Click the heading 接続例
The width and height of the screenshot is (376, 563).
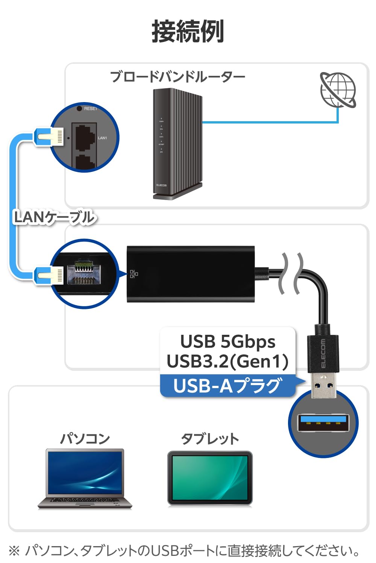188,32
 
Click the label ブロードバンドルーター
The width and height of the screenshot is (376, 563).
177,77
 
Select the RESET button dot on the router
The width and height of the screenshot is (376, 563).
79,108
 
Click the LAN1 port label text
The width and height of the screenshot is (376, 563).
102,138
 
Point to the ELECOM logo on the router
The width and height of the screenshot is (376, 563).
161,185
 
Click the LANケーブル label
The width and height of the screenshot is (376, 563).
54,217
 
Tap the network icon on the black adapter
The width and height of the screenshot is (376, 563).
134,274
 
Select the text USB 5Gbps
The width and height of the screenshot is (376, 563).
228,342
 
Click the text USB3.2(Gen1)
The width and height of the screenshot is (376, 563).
228,361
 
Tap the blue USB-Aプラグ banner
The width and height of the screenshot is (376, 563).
228,385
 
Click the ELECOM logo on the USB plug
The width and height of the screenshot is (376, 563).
323,354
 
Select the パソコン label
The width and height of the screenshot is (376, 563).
85,438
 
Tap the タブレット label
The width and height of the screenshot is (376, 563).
210,438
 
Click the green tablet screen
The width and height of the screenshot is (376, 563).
210,477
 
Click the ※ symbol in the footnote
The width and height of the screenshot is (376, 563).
14,551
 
